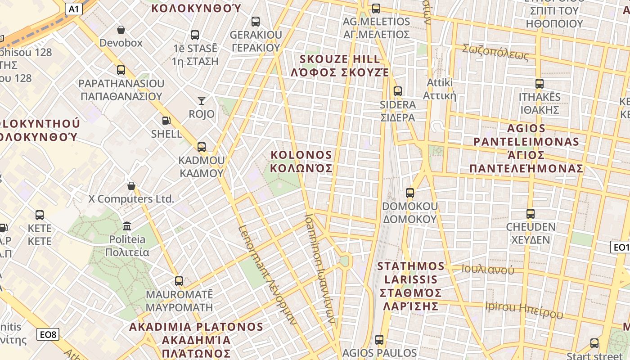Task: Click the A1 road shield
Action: (74, 9)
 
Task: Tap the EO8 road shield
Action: (48, 334)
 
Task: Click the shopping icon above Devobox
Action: (121, 30)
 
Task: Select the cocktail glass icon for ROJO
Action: (201, 101)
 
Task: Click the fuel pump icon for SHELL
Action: (166, 121)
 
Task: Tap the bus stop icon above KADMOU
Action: (201, 147)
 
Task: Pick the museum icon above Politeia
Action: (127, 226)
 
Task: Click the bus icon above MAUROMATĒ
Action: (179, 281)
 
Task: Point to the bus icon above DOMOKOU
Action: (409, 193)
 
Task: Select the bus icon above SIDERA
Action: (397, 91)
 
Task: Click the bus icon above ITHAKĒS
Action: (540, 84)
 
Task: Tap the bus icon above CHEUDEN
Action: (531, 214)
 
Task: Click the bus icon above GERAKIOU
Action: (256, 22)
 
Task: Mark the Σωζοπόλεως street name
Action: (495, 53)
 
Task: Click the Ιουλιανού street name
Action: (488, 270)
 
